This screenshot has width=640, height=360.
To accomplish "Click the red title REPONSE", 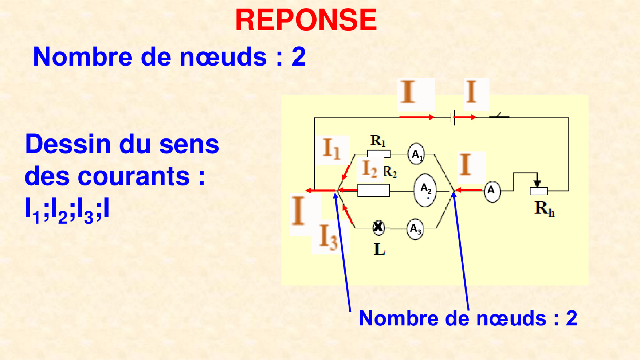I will click(306, 20).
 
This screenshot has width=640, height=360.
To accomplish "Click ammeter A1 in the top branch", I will click(416, 154).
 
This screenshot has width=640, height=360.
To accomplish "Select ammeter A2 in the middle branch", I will click(425, 190).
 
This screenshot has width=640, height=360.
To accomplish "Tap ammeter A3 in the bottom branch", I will click(415, 229).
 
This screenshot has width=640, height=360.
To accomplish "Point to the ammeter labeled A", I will click(492, 191).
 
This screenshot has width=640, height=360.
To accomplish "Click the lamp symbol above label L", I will click(378, 227).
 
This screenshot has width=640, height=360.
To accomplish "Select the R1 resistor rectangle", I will click(379, 154).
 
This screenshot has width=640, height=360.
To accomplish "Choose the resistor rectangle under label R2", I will click(373, 191).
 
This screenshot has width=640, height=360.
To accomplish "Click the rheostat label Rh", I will click(545, 208).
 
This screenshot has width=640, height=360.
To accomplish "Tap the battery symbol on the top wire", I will click(453, 118).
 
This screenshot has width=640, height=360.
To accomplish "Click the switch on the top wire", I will click(499, 116).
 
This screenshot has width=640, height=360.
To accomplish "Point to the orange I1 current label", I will click(332, 149).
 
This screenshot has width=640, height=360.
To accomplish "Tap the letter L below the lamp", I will click(380, 250).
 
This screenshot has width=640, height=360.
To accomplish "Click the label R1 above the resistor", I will click(378, 141).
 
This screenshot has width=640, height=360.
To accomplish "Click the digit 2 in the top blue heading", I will click(299, 57).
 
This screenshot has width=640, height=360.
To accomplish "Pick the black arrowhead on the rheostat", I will click(537, 183).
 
